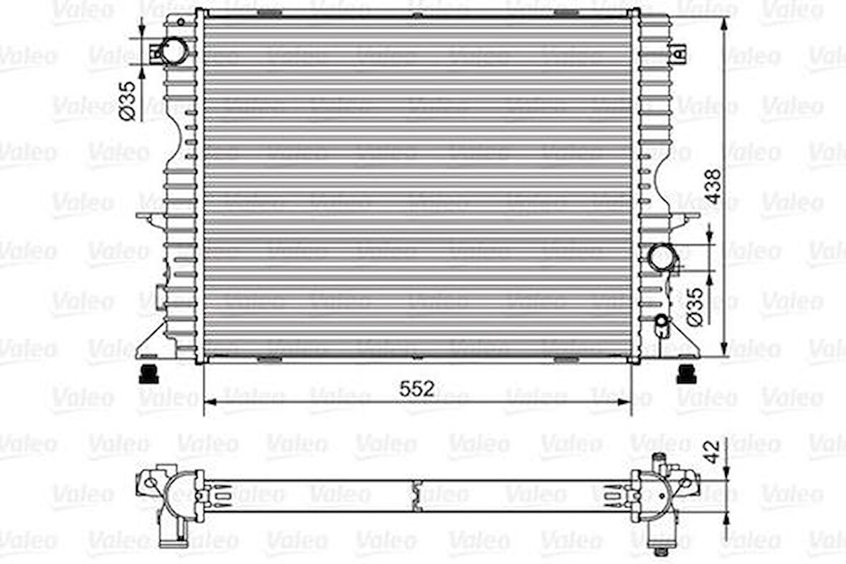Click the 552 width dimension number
(417, 388)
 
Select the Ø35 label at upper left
(128, 100)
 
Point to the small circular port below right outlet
(661, 320)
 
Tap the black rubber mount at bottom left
(148, 373)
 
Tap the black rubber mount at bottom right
(687, 373)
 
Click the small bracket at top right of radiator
(678, 52)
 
